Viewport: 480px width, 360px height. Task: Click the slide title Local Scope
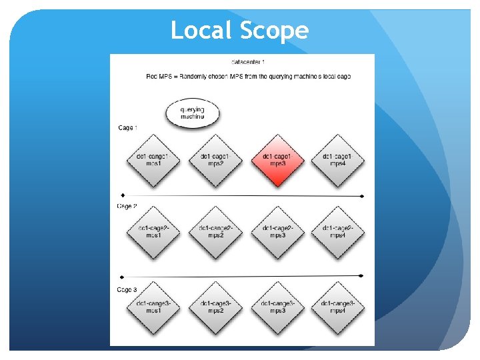pyautogui.click(x=239, y=31)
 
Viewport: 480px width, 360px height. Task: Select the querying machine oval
pyautogui.click(x=192, y=113)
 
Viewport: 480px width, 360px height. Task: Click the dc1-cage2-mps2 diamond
pyautogui.click(x=215, y=231)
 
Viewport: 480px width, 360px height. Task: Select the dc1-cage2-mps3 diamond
pyautogui.click(x=277, y=231)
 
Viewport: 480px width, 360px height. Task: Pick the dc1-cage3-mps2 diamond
pyautogui.click(x=215, y=307)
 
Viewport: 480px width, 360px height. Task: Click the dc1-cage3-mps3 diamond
pyautogui.click(x=277, y=307)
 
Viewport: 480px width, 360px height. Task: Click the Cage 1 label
pyautogui.click(x=128, y=127)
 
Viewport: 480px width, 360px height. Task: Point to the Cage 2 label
pyautogui.click(x=127, y=206)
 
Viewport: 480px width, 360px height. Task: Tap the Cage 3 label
pyautogui.click(x=127, y=289)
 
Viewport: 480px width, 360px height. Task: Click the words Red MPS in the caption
pyautogui.click(x=157, y=77)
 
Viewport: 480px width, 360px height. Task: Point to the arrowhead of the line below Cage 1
pyautogui.click(x=361, y=196)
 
